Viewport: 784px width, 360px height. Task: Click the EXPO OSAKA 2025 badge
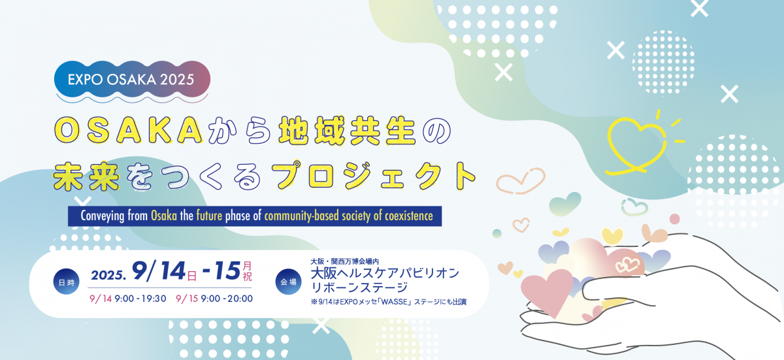(132, 80)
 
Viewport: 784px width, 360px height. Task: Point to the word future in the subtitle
(210, 216)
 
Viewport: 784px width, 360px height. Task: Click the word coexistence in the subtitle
(405, 216)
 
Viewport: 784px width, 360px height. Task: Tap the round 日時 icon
(65, 282)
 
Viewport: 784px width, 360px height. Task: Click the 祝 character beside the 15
(247, 277)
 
